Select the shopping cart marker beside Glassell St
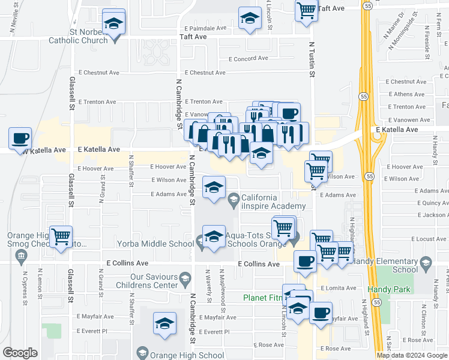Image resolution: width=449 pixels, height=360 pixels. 61,236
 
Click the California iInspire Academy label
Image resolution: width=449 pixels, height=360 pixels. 267,202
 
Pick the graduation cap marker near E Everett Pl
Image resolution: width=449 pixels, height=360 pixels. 164,323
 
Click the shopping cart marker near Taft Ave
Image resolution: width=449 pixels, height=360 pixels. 307,10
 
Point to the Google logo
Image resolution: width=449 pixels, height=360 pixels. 20,353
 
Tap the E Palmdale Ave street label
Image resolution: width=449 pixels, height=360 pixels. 205,28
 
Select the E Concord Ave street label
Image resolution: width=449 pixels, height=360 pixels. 249,59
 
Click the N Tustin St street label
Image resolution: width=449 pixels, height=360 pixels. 312,60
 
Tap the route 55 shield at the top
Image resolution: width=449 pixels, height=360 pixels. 367,6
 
